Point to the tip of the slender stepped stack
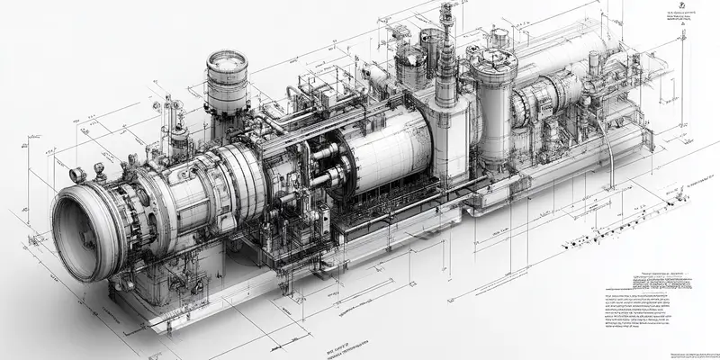click(445, 9)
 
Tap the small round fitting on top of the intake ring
click(76, 174)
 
